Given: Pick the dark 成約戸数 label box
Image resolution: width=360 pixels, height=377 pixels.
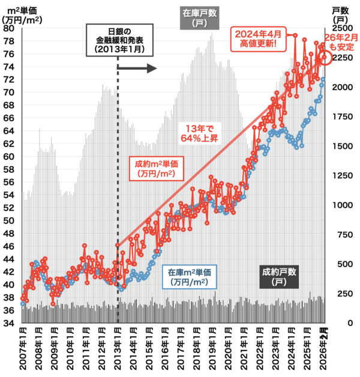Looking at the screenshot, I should click(x=280, y=276).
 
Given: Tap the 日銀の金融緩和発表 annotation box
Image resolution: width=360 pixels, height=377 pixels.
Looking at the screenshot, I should click(x=118, y=40).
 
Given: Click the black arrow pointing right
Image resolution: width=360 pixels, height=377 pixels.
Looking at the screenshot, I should click(x=142, y=68).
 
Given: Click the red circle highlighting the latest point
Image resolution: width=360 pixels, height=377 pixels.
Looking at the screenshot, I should click(x=325, y=58).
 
